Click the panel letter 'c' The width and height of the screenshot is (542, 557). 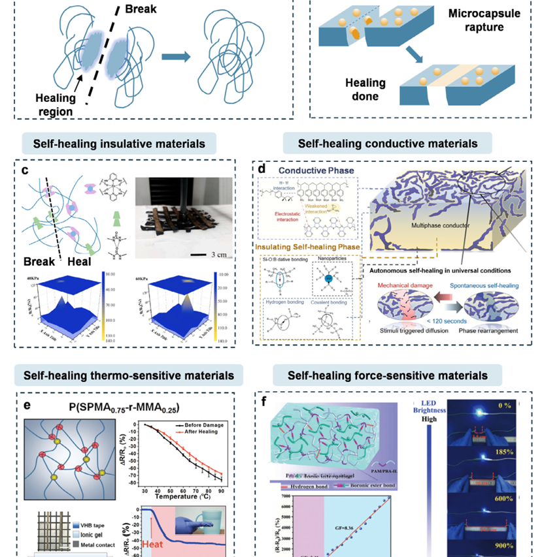click(x=24, y=171)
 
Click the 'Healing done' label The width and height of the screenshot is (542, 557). click(x=347, y=93)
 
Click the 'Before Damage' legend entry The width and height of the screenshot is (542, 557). click(x=203, y=424)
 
